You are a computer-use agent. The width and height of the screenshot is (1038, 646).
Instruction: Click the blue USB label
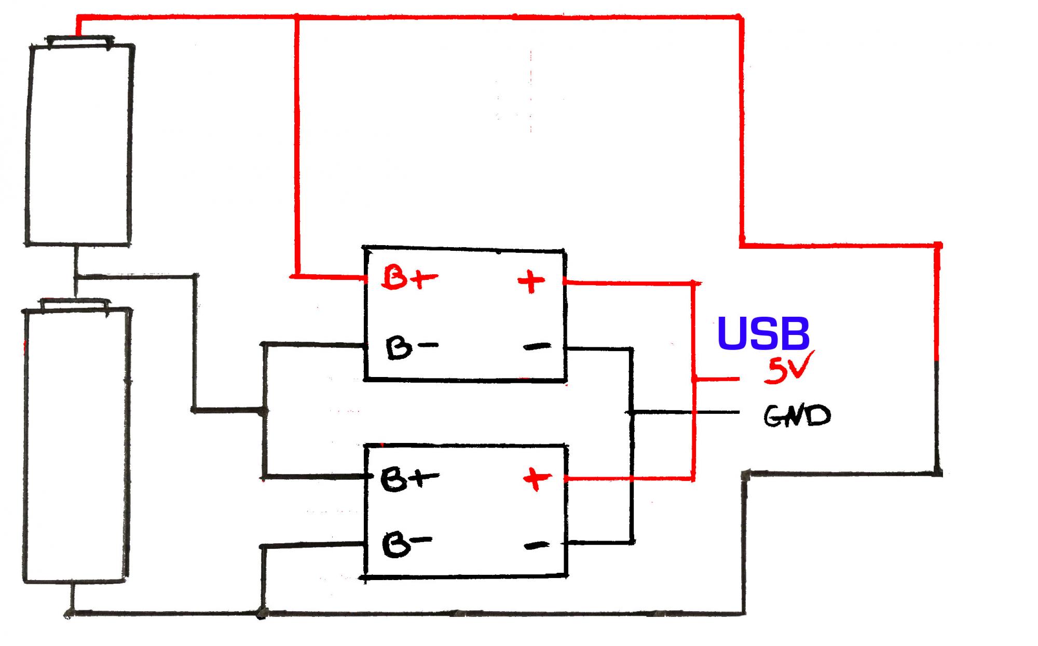[x=763, y=333]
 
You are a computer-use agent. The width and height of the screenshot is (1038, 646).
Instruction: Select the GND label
[x=797, y=415]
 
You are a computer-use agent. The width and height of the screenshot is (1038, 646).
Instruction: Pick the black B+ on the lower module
[x=409, y=479]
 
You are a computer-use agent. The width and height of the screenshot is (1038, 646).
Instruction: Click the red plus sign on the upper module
[x=531, y=282]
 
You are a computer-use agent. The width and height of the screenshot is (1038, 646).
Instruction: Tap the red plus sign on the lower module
[x=537, y=479]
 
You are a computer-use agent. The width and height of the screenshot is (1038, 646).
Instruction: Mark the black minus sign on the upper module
[x=537, y=346]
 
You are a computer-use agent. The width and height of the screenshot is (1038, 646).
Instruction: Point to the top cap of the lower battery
[x=76, y=304]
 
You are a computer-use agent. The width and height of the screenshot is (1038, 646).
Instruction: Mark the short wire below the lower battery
[x=72, y=597]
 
